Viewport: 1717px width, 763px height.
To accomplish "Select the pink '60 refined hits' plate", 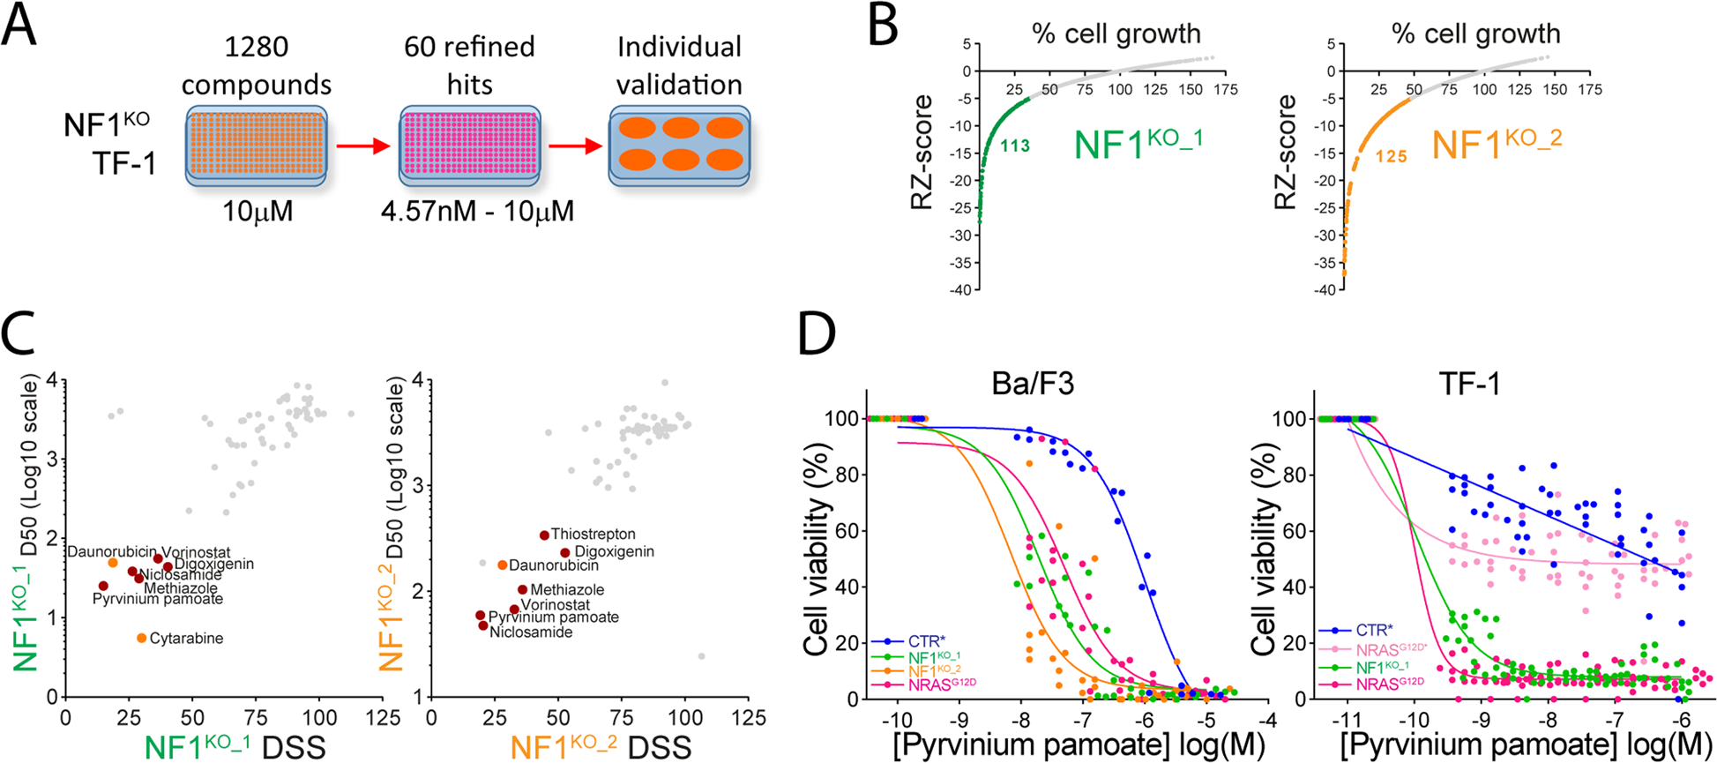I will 469,146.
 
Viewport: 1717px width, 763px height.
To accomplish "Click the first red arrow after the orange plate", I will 362,146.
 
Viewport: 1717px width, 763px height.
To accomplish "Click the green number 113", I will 1015,146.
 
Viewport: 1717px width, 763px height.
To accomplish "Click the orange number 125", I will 1391,157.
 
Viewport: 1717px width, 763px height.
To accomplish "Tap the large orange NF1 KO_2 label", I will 1497,144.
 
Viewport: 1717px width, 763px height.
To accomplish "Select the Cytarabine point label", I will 186,638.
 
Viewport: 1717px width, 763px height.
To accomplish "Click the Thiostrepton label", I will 593,534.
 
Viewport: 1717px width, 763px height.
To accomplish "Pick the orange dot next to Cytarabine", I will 141,638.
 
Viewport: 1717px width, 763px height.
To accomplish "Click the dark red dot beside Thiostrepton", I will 544,535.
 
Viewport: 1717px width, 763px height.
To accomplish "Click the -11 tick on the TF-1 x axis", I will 1347,719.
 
